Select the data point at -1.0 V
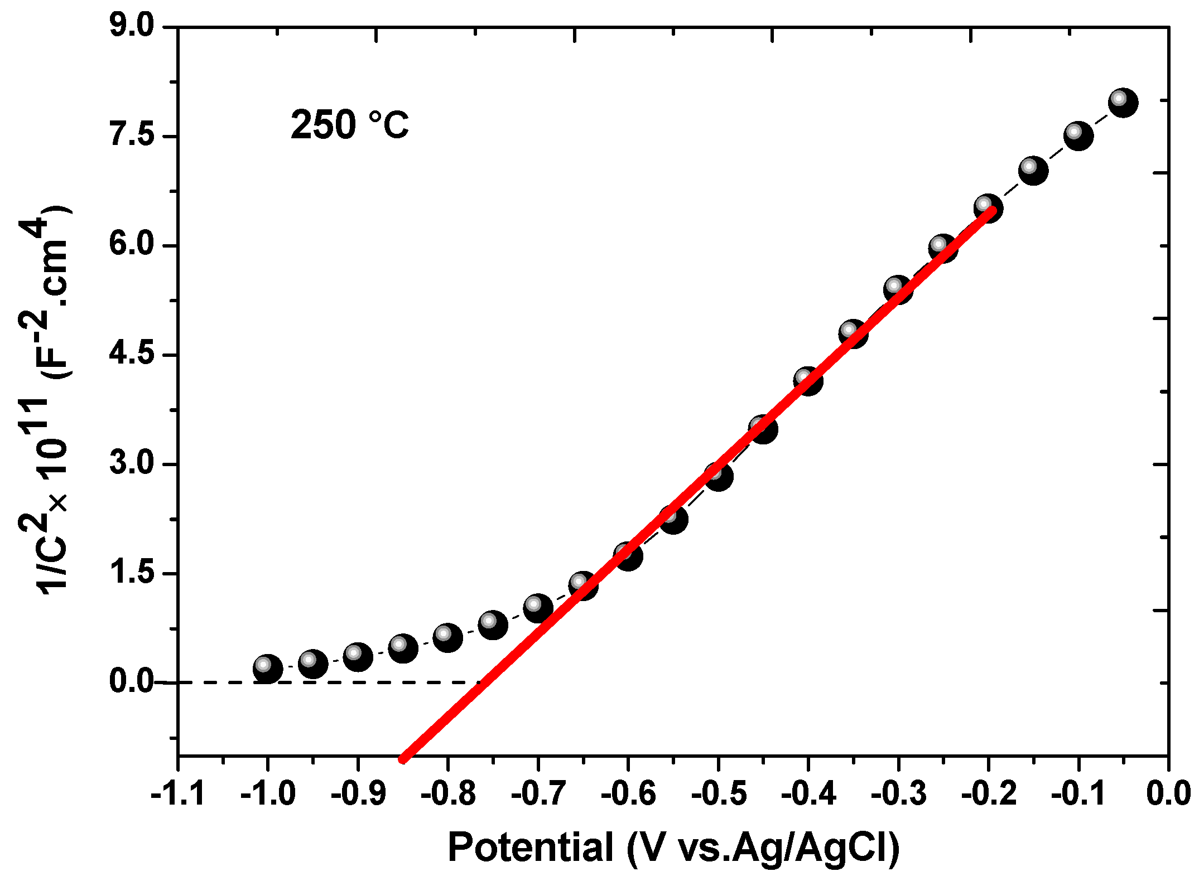pyautogui.click(x=267, y=668)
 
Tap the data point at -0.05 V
pyautogui.click(x=1123, y=103)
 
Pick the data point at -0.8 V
pyautogui.click(x=447, y=638)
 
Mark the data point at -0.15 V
pyautogui.click(x=1033, y=170)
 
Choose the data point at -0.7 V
pyautogui.click(x=538, y=608)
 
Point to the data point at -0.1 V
pyautogui.click(x=1078, y=136)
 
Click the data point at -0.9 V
pyautogui.click(x=358, y=656)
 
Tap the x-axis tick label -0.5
pyautogui.click(x=719, y=793)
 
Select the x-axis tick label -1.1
pyautogui.click(x=178, y=793)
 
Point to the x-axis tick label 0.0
pyautogui.click(x=1168, y=793)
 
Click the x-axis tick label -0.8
pyautogui.click(x=448, y=793)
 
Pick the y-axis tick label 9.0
pyautogui.click(x=132, y=26)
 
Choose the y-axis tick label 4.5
pyautogui.click(x=132, y=354)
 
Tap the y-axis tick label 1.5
pyautogui.click(x=132, y=573)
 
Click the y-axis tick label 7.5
pyautogui.click(x=132, y=135)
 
